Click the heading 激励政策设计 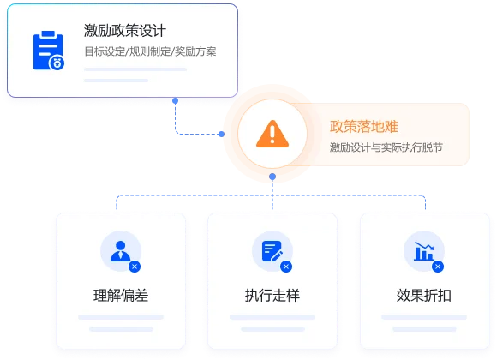click(x=125, y=31)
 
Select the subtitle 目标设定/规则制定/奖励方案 click(x=150, y=51)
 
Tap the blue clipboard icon click(x=49, y=51)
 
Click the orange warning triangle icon click(x=272, y=134)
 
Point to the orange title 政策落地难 click(x=364, y=126)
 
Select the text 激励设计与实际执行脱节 click(x=386, y=147)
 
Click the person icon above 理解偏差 click(x=120, y=251)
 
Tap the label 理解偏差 click(x=121, y=296)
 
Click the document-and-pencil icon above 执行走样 click(x=272, y=251)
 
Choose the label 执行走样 click(x=272, y=296)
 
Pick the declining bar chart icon click(x=424, y=251)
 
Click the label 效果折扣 click(x=424, y=296)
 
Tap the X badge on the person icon click(x=135, y=267)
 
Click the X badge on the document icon click(x=286, y=267)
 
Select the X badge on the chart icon click(x=438, y=267)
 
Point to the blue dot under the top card click(x=175, y=101)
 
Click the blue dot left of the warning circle click(x=222, y=134)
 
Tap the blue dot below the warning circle click(x=272, y=177)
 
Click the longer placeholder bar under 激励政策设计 click(x=135, y=69)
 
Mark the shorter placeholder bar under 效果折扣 click(x=424, y=329)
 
